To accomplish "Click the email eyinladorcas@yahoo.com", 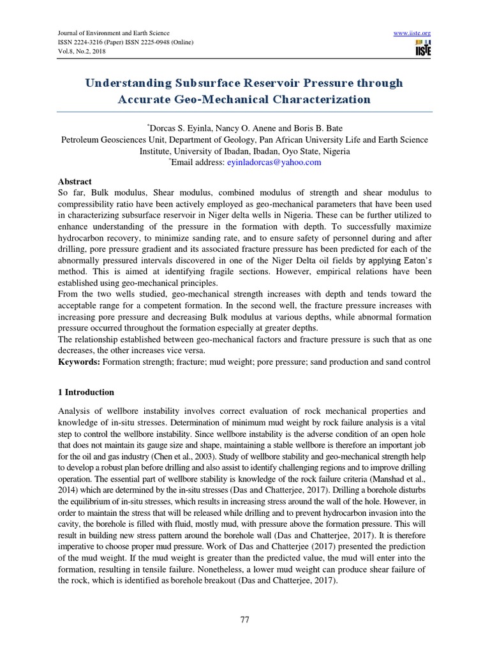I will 274,163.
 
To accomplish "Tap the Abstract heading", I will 75,182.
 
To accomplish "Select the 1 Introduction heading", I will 87,392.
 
